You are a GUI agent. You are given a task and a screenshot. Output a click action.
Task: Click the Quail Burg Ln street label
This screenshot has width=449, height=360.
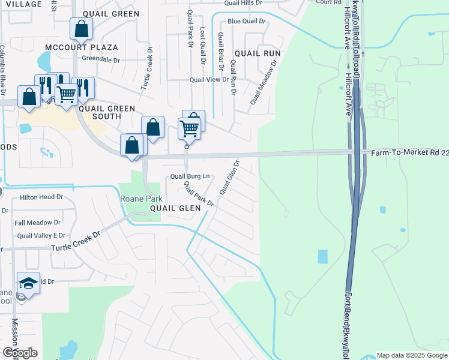[190, 176]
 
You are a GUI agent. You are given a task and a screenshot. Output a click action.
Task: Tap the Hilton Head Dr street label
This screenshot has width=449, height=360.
[41, 197]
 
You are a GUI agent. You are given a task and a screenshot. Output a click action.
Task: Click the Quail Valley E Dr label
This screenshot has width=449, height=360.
[41, 236]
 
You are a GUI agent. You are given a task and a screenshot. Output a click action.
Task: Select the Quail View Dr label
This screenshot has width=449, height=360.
[209, 79]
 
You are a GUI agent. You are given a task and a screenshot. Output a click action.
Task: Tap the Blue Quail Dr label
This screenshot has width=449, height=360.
[246, 22]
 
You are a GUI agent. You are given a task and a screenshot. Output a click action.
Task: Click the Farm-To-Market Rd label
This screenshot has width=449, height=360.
[409, 153]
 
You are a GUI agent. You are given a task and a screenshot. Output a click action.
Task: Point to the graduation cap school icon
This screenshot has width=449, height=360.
[28, 283]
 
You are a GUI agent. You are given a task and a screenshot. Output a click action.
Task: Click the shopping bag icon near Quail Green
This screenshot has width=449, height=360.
[81, 29]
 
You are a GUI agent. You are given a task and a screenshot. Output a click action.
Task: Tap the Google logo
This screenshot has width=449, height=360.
[20, 353]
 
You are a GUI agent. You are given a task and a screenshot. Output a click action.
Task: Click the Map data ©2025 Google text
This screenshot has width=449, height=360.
[412, 355]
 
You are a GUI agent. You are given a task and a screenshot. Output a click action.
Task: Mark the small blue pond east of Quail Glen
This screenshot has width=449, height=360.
[322, 256]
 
